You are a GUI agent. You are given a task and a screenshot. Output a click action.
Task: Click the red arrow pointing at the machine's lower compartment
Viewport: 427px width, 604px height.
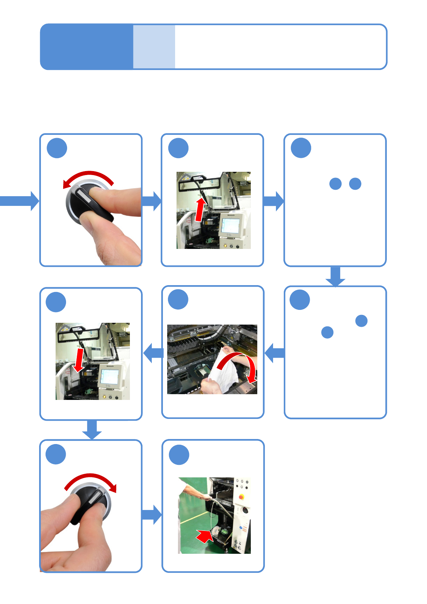[204, 536]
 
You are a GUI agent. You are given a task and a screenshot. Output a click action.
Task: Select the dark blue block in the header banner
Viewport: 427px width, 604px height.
[86, 47]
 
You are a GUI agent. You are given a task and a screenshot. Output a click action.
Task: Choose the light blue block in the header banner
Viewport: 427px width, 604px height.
[154, 47]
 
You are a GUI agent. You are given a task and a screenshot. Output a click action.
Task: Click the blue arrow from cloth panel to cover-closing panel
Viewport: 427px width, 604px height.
[153, 353]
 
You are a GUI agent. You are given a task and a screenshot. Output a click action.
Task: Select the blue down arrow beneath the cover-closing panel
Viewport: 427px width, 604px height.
[92, 430]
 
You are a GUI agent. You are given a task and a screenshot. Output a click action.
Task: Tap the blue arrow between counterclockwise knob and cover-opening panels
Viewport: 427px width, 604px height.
[152, 201]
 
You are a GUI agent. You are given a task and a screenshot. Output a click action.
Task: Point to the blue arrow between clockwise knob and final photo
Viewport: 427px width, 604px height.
[152, 515]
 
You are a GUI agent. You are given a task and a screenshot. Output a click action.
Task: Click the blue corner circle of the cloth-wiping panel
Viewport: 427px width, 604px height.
[178, 299]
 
